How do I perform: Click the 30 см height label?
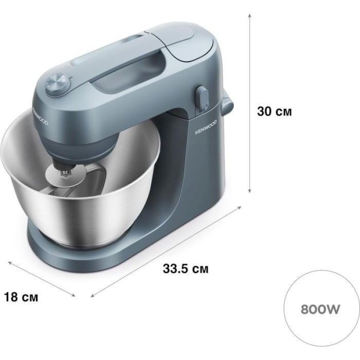[x=274, y=111]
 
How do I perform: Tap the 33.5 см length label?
[x=185, y=268]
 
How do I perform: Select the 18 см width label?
[x=21, y=297]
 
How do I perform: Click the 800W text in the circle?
[x=320, y=309]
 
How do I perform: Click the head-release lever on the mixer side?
[x=202, y=98]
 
